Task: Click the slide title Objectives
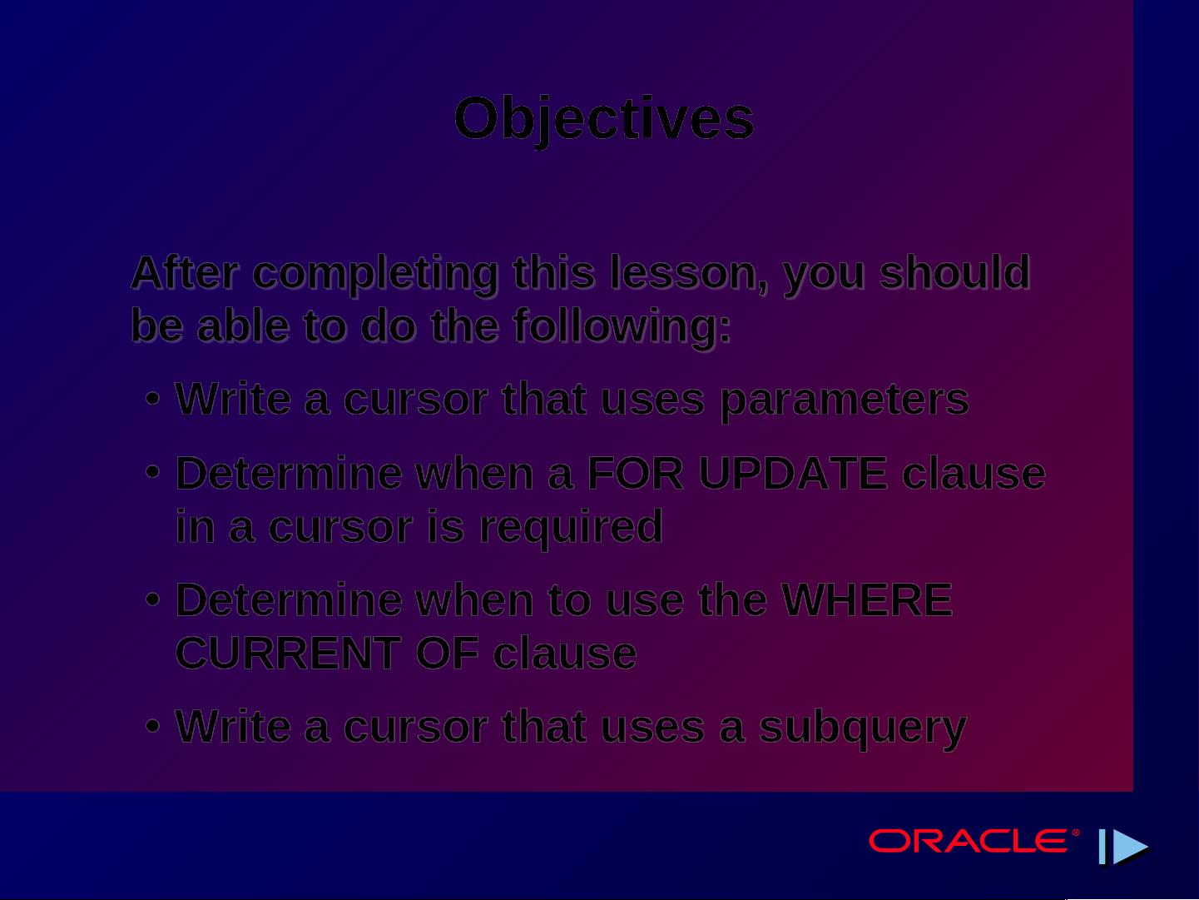point(604,119)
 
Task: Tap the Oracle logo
point(974,840)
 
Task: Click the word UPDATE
point(793,473)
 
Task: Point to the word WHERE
point(867,600)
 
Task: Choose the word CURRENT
point(289,653)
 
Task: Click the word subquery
point(863,728)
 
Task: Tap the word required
point(571,527)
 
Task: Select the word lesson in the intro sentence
point(688,273)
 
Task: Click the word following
point(622,326)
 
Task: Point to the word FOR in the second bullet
point(635,473)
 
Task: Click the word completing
point(375,274)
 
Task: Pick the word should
point(954,272)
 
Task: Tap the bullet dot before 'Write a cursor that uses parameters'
point(153,400)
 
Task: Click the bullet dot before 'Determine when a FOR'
point(153,472)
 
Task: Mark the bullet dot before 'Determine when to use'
point(153,599)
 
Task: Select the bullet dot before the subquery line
point(153,727)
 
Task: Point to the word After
point(186,273)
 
